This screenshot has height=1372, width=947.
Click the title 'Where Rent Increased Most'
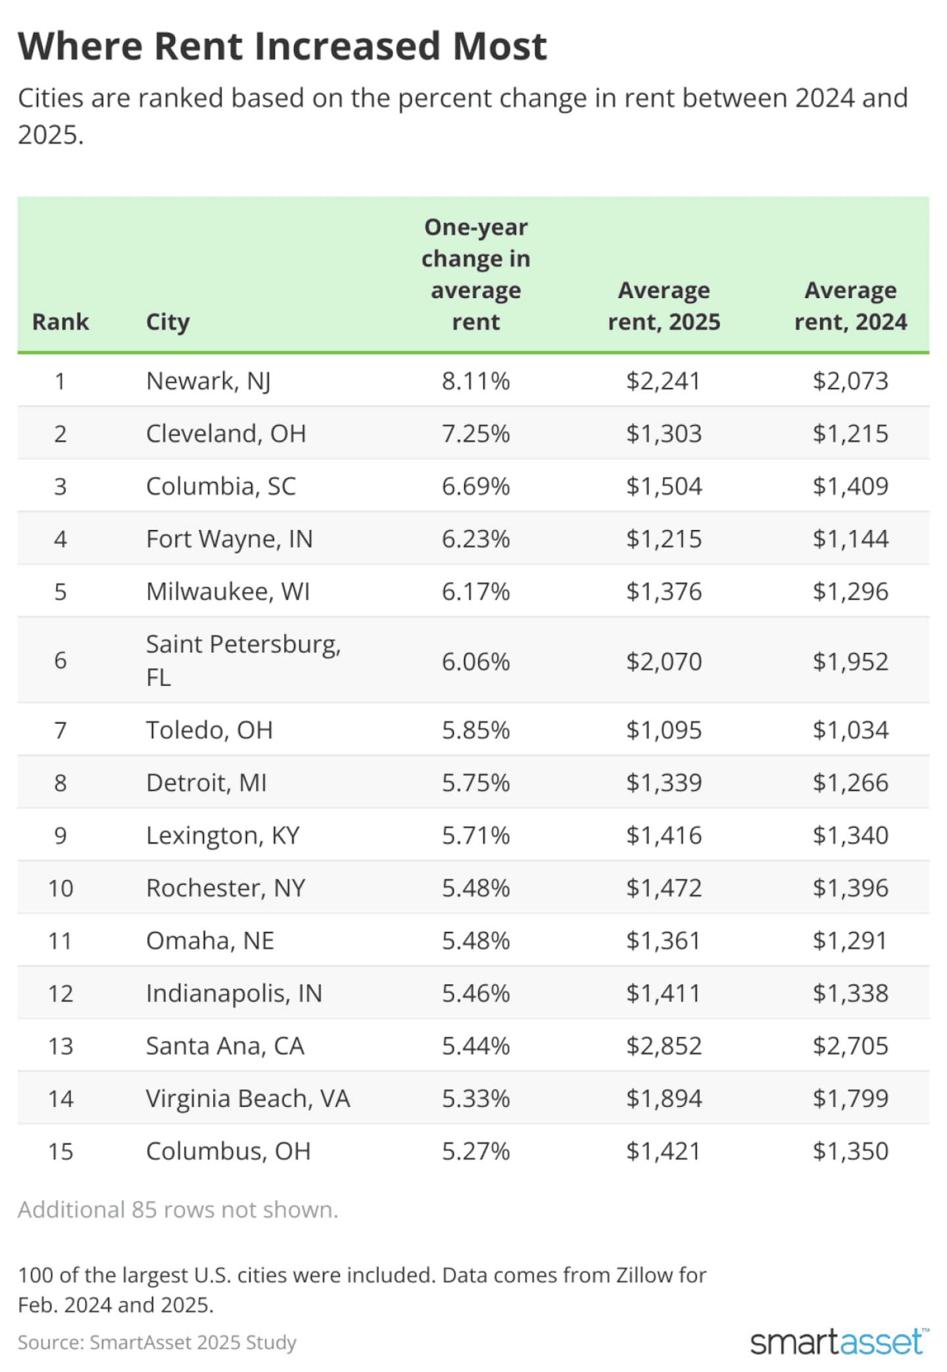(282, 47)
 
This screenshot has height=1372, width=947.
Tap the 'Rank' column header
(60, 322)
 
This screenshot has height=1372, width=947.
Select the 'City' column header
(168, 322)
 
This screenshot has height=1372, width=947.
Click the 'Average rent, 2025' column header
(664, 306)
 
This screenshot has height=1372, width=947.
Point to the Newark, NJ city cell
(208, 381)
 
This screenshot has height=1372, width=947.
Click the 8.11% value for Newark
(475, 381)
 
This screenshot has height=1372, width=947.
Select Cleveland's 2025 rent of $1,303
(664, 433)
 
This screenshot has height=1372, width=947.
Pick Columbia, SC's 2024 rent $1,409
(850, 486)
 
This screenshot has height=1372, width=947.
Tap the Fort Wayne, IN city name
(229, 539)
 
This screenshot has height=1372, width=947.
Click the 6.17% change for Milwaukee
(475, 591)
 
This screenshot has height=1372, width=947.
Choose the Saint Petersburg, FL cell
(243, 660)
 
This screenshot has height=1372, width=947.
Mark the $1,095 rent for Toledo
(664, 730)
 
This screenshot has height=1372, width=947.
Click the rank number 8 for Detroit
(60, 783)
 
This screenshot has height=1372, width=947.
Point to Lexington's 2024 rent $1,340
(850, 835)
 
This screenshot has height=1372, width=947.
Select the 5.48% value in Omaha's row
(475, 941)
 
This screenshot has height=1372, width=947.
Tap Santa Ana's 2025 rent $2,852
(664, 1046)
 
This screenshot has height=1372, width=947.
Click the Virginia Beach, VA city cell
(248, 1098)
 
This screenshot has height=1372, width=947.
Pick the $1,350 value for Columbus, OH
(850, 1151)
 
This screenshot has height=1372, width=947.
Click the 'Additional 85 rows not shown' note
(178, 1210)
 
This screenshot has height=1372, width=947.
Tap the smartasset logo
(839, 1342)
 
